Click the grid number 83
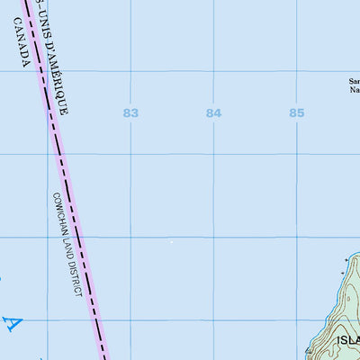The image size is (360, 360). (x=131, y=112)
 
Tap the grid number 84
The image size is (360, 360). (x=213, y=112)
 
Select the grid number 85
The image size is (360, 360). (x=297, y=112)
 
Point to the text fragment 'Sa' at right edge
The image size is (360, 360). (x=354, y=81)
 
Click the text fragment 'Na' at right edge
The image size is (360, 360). (x=354, y=90)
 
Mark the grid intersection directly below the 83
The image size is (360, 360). (x=130, y=154)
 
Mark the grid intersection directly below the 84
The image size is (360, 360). (x=213, y=154)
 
